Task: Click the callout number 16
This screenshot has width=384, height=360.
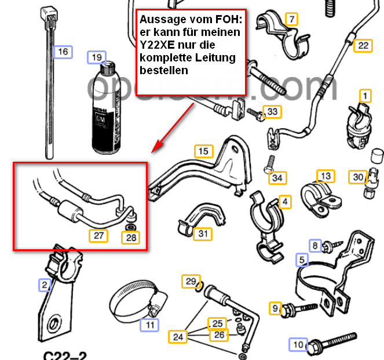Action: pyautogui.click(x=63, y=52)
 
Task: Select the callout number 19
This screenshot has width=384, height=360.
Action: pyautogui.click(x=96, y=57)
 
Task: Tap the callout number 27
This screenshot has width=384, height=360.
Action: pyautogui.click(x=98, y=235)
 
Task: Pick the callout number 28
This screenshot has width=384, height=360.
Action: pyautogui.click(x=132, y=237)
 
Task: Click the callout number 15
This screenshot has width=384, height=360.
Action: pyautogui.click(x=203, y=152)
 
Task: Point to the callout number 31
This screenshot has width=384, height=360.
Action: pyautogui.click(x=203, y=234)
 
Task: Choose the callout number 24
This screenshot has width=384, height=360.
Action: pyautogui.click(x=177, y=336)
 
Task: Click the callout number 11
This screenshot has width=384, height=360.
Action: pyautogui.click(x=150, y=325)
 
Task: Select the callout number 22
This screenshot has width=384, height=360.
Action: pyautogui.click(x=363, y=45)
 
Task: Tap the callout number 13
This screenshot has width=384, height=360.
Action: pyautogui.click(x=326, y=176)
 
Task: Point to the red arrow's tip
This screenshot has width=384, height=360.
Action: pyautogui.click(x=153, y=151)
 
